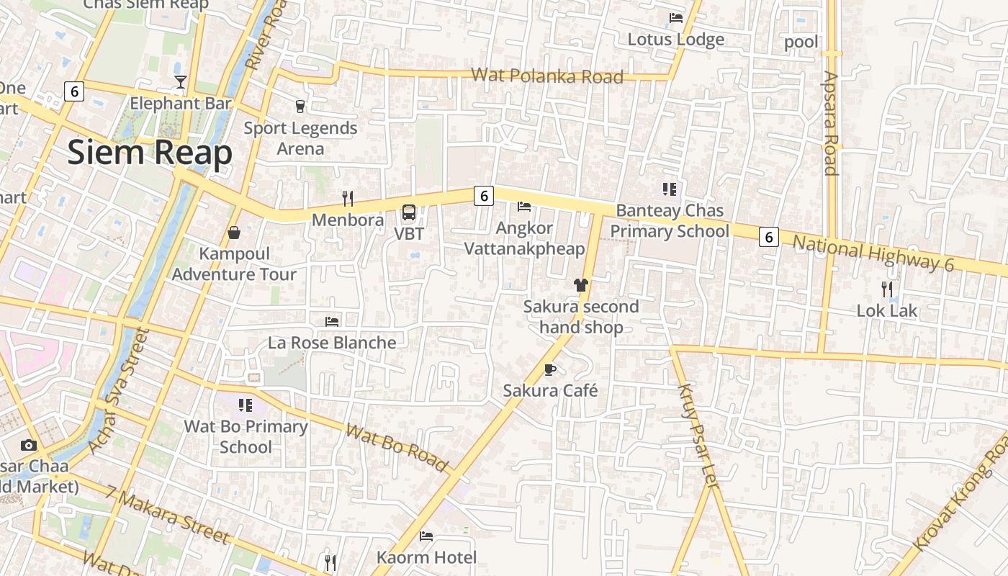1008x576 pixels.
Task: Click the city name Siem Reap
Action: (150, 153)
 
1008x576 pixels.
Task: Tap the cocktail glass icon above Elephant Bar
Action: (181, 82)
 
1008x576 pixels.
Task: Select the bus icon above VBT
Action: (409, 212)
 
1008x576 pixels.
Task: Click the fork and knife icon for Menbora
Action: (348, 199)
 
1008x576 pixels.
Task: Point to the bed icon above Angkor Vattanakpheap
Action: (524, 207)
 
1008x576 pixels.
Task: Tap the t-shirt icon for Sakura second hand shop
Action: (581, 285)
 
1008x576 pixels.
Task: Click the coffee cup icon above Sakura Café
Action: (550, 370)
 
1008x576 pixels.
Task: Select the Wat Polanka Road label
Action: (546, 76)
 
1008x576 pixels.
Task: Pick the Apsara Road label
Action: (831, 123)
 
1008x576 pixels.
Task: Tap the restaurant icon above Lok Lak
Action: (887, 289)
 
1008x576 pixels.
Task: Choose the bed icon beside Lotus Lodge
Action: (676, 18)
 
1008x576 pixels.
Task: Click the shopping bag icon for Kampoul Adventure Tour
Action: (234, 233)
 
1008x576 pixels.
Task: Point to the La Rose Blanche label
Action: (332, 343)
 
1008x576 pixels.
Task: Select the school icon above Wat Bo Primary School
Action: (246, 405)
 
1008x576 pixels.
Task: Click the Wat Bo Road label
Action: (397, 447)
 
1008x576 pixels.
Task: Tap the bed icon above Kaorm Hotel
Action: (426, 536)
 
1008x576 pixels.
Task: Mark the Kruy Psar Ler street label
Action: (698, 436)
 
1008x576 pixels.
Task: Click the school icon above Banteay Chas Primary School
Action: (670, 189)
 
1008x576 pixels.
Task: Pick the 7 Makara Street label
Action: (167, 515)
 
